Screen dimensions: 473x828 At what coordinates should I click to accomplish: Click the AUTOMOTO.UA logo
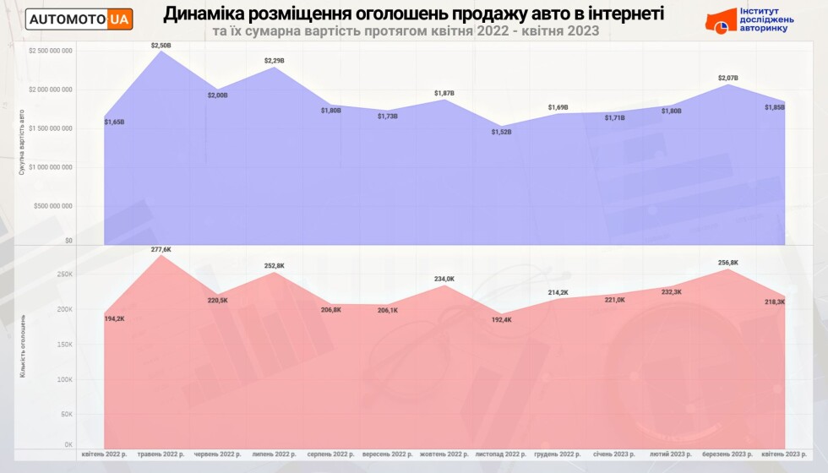79,19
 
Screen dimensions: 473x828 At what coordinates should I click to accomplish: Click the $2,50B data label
161,44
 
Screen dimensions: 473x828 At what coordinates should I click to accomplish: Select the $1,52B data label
502,131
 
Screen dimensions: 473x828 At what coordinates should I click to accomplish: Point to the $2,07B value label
728,78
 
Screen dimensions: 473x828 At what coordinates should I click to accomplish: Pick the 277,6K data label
161,249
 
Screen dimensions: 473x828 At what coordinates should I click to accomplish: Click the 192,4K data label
502,320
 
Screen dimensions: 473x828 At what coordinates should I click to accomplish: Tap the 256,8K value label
728,263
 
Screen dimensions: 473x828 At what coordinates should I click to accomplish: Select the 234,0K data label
444,279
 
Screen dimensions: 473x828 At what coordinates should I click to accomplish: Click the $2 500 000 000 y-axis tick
50,51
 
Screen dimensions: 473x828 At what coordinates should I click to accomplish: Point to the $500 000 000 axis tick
53,205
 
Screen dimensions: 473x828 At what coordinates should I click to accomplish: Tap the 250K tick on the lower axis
64,275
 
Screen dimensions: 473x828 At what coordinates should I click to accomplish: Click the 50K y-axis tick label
66,415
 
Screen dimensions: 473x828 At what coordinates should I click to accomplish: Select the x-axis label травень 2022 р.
161,454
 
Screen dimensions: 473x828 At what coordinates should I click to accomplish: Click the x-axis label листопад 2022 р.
502,454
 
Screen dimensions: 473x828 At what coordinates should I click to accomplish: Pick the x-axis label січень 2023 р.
615,454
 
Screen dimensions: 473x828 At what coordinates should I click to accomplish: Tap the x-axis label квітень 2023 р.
785,454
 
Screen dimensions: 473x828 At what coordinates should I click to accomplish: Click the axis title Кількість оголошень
24,345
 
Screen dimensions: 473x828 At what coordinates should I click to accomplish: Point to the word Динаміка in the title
207,14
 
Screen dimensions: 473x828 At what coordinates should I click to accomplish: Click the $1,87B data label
444,93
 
